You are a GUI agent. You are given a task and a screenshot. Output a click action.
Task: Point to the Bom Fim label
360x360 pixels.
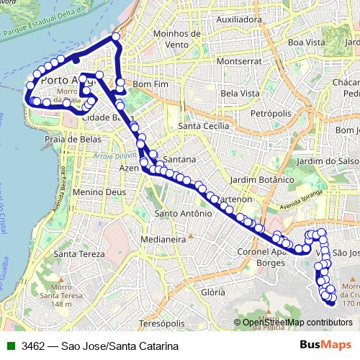point(150,84)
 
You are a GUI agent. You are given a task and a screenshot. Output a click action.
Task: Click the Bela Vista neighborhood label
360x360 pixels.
point(240,94)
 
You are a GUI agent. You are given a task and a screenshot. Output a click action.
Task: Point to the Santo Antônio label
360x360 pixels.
point(184,213)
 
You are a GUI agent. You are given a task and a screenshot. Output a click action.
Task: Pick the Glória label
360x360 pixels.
point(214,292)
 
